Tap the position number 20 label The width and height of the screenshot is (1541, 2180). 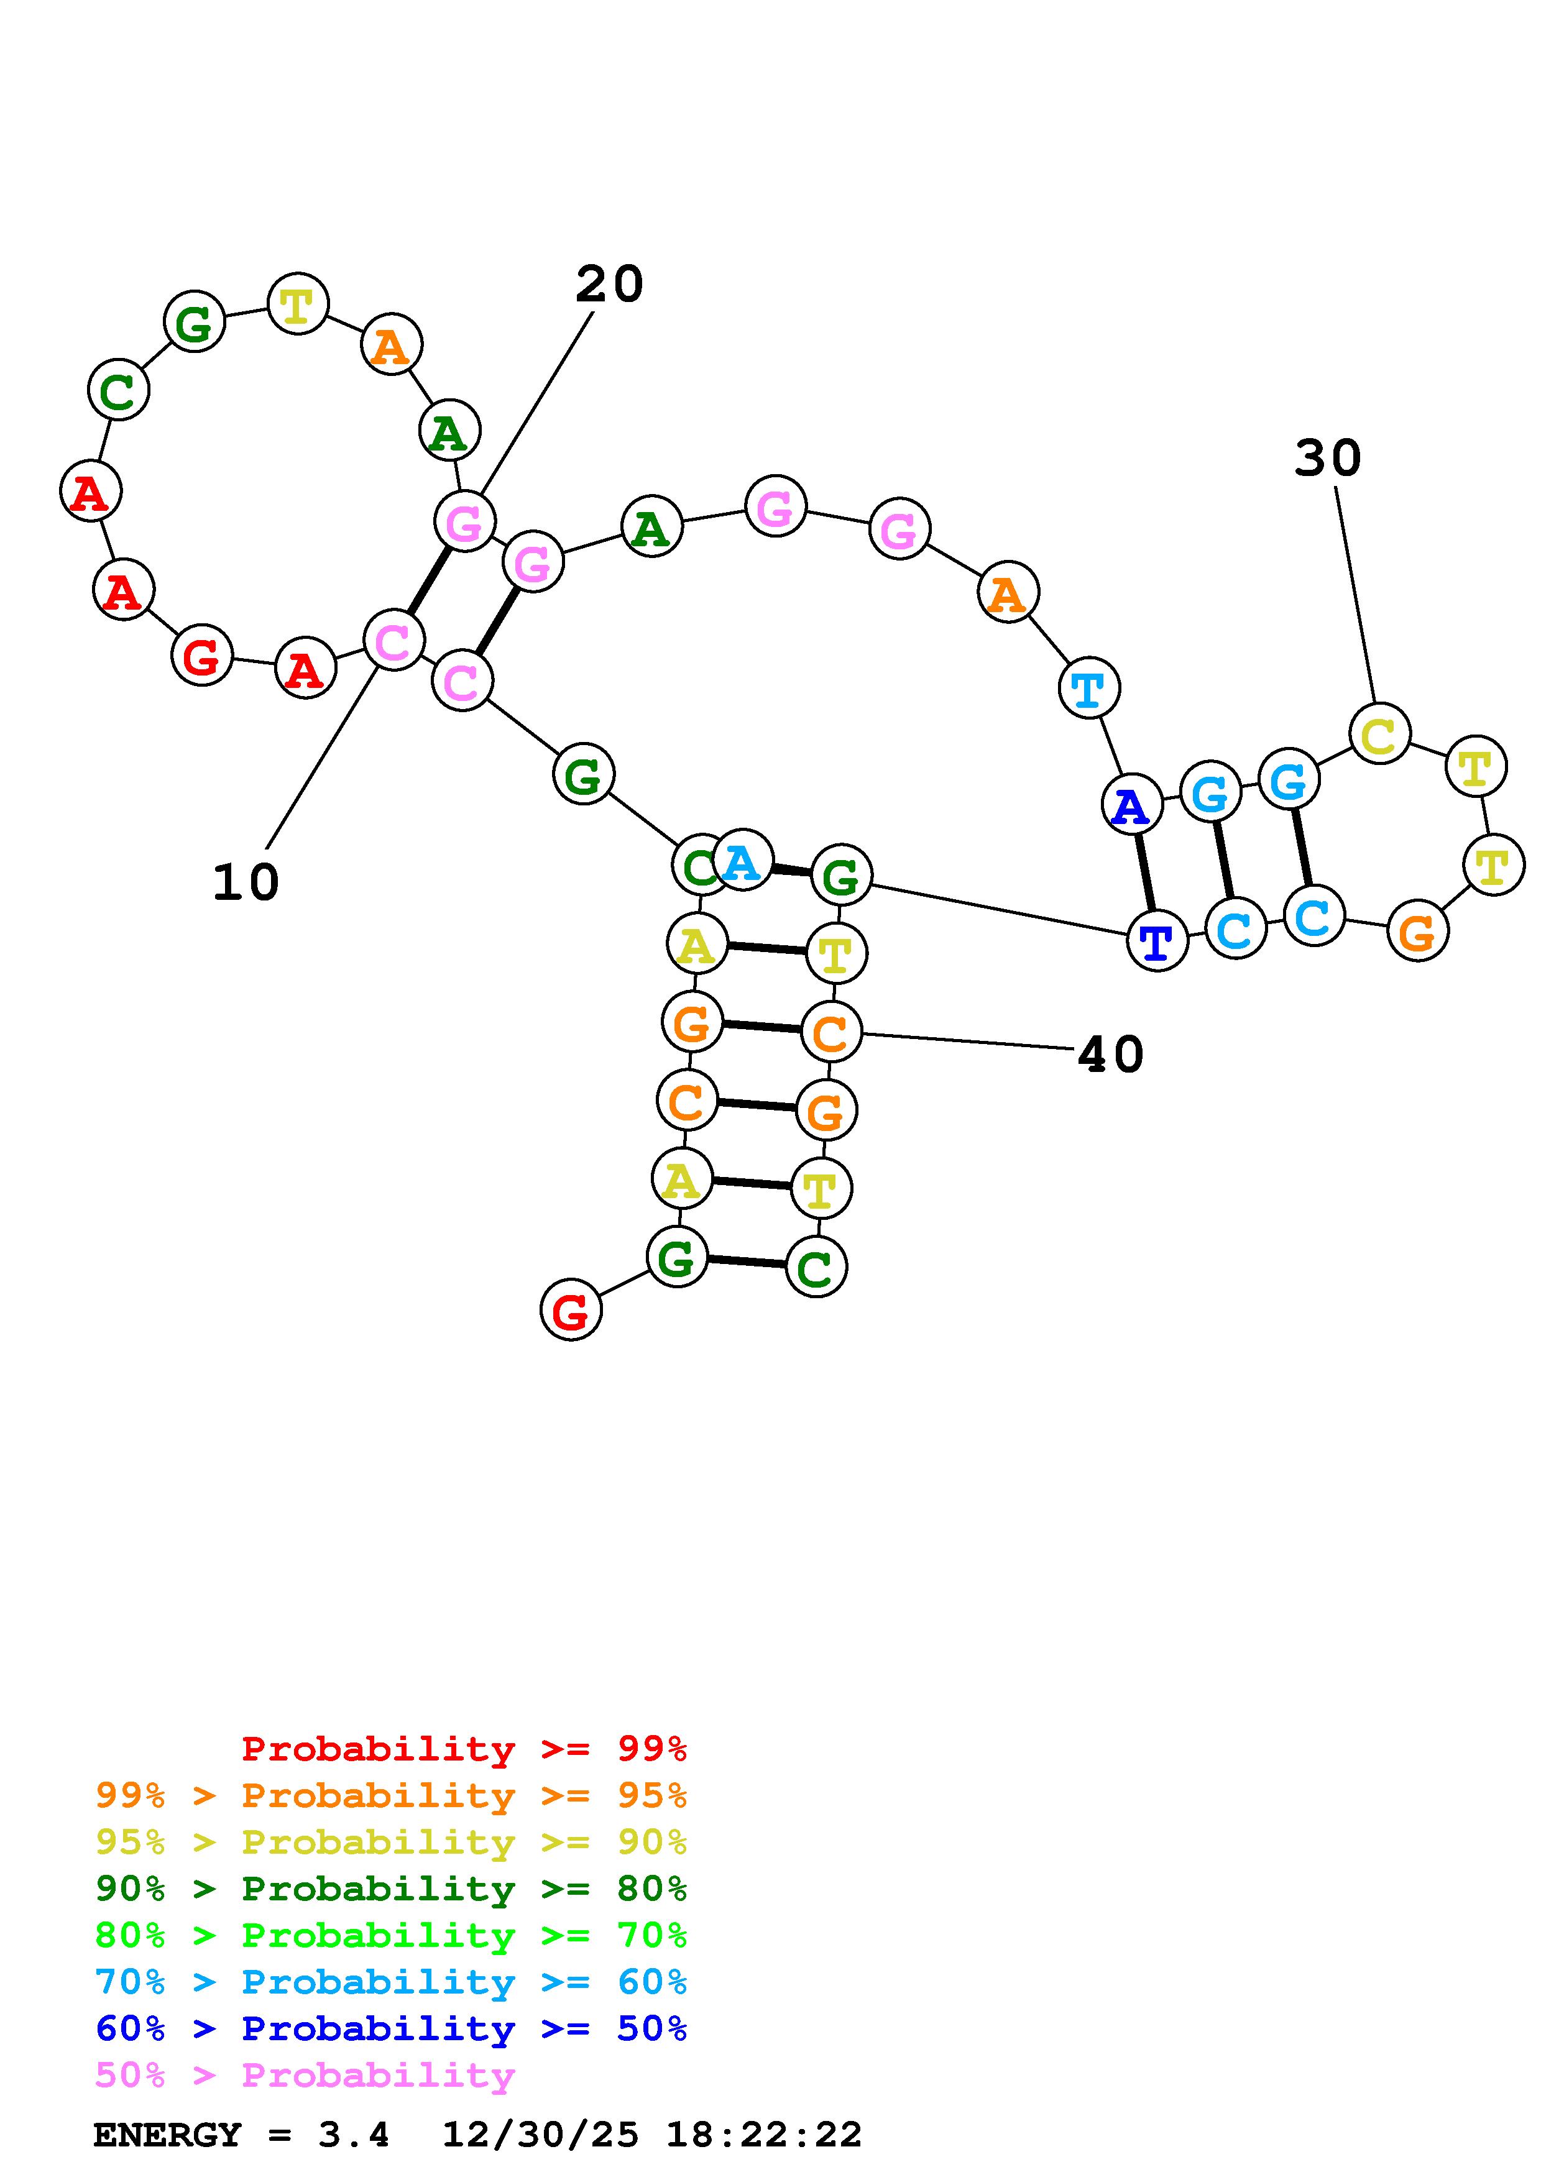pos(610,284)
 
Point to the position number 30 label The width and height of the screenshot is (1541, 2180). pos(1327,459)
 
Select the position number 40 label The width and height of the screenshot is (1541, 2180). pos(1111,1055)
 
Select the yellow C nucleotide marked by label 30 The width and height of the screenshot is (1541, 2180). pos(1379,733)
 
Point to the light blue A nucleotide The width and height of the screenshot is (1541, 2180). pos(742,860)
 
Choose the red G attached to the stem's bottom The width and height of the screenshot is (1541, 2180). pos(571,1310)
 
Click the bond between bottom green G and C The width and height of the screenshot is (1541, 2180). pos(747,1262)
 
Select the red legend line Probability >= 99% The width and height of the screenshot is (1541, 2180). pos(464,1749)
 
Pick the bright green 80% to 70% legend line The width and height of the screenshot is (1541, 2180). pos(391,1935)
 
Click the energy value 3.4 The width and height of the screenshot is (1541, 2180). pos(353,2135)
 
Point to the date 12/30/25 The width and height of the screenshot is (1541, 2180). pos(540,2135)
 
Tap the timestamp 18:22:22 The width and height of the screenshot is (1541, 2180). pos(763,2135)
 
